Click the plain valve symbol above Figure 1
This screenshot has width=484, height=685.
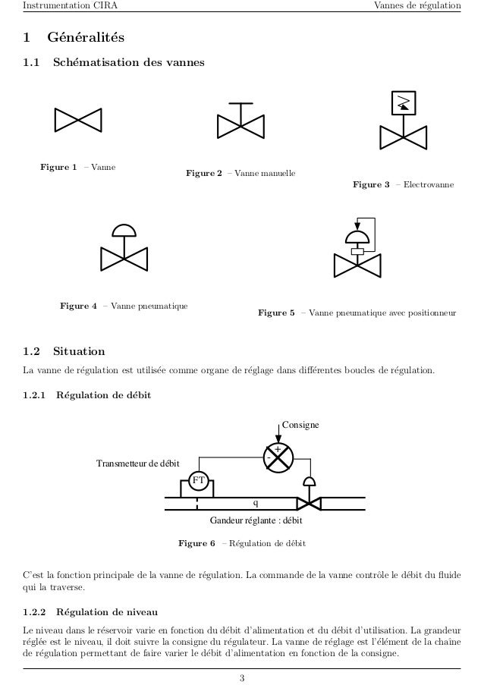(77, 120)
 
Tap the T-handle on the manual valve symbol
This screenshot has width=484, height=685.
(240, 104)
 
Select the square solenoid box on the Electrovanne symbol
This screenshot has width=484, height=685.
(403, 104)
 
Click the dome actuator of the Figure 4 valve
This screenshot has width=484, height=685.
(122, 230)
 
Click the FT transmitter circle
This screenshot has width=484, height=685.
(198, 480)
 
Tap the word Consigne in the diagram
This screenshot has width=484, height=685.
(300, 425)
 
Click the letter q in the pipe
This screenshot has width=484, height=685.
(256, 503)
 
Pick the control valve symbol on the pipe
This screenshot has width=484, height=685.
(309, 503)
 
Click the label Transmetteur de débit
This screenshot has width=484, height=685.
(137, 464)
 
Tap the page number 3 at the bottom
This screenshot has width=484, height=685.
(241, 677)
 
